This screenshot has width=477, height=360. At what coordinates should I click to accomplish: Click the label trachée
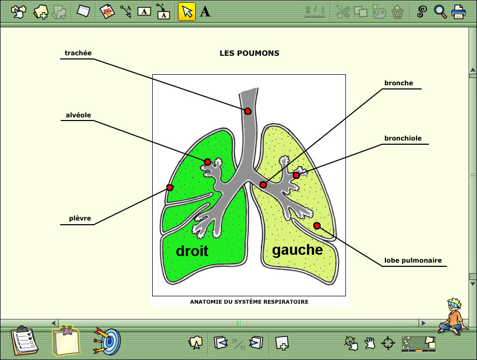(x=78, y=53)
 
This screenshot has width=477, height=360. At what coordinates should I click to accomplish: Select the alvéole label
(x=78, y=115)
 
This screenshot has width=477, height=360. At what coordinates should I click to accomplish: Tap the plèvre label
(x=79, y=218)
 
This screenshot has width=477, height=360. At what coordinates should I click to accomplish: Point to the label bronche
(x=399, y=83)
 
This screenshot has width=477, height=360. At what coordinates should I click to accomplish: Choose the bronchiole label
(x=403, y=138)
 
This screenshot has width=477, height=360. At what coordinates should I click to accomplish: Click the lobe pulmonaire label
(x=413, y=261)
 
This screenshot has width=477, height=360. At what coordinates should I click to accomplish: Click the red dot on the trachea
(x=248, y=111)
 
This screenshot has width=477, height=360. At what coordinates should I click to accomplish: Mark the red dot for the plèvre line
(x=170, y=187)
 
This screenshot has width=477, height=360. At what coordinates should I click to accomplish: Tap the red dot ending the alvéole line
(x=207, y=162)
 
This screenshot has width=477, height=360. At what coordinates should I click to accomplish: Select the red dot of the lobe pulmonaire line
(x=317, y=226)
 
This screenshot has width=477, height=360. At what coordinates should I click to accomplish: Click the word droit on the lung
(x=192, y=251)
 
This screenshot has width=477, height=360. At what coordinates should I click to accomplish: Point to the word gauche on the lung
(x=297, y=250)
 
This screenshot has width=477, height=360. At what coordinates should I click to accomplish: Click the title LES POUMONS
(x=250, y=53)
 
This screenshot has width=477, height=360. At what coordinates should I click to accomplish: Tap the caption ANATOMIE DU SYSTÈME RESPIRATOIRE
(x=249, y=302)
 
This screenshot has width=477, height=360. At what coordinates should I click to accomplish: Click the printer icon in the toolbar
(x=458, y=12)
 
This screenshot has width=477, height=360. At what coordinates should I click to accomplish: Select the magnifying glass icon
(x=440, y=12)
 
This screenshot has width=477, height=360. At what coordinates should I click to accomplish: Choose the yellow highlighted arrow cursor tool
(x=187, y=12)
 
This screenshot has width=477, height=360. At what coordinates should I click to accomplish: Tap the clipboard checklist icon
(x=24, y=341)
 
